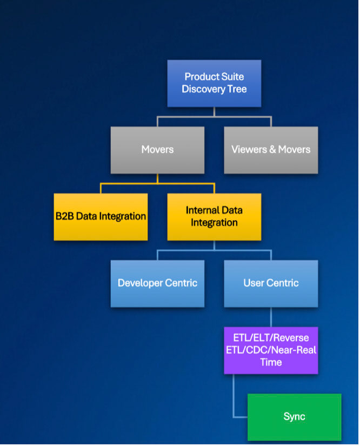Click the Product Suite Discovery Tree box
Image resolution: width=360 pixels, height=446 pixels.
coord(214,83)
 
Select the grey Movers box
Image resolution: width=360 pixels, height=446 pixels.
coord(157,150)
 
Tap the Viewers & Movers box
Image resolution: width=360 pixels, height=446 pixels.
coord(271,150)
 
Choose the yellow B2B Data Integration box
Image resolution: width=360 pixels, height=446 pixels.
coord(101,216)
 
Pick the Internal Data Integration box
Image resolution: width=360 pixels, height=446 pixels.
coord(214,216)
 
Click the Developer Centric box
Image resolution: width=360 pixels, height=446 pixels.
coord(157,283)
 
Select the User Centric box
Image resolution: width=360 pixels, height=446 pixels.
coord(271,283)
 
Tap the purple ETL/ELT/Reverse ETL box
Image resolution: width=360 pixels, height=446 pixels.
coord(271,350)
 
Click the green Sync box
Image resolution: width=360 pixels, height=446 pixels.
coord(294,417)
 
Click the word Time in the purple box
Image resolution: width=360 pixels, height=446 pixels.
coord(271,363)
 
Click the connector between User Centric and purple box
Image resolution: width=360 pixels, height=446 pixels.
coord(271,317)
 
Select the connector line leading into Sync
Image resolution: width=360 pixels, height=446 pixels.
coord(234,400)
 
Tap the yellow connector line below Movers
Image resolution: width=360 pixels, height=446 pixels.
coord(157,183)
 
